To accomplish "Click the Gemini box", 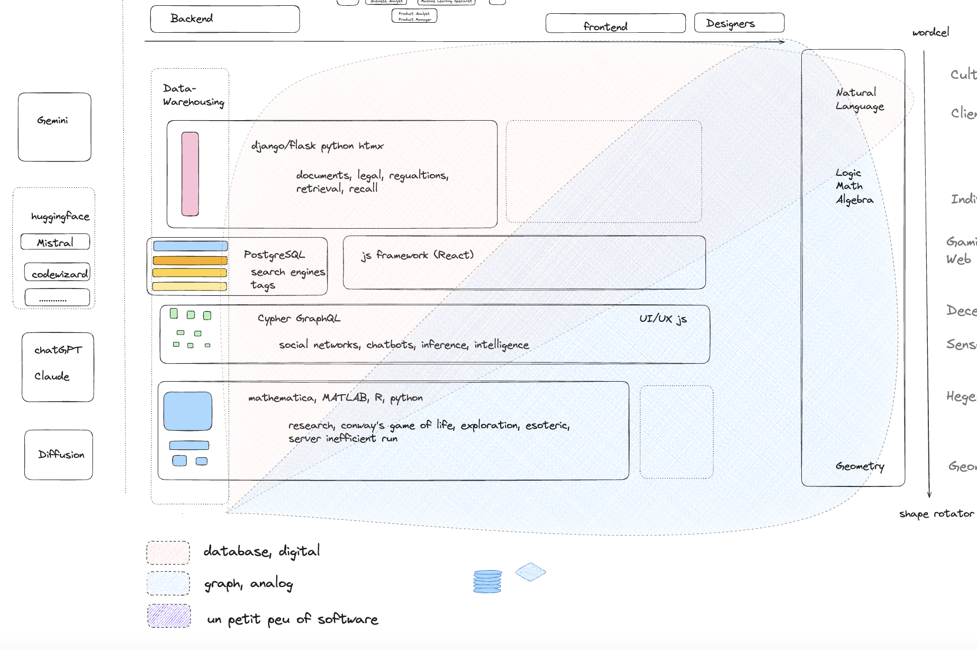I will tap(55, 127).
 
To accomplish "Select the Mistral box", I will tap(55, 242).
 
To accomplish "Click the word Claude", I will tap(52, 376).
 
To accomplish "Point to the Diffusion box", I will tap(59, 455).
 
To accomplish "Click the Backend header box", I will tap(225, 19).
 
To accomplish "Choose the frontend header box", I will tap(616, 24).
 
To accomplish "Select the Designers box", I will tap(739, 23).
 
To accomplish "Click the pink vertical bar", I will tap(190, 174).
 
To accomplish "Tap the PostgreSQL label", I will tap(274, 255).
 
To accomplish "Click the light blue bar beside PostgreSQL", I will tap(191, 246).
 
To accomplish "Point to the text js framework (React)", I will tap(417, 255).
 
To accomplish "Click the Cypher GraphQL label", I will tap(299, 318).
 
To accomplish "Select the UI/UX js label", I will tap(663, 318).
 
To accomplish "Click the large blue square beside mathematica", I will tap(188, 411).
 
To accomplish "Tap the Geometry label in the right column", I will tap(860, 466).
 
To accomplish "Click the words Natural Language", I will tap(860, 100).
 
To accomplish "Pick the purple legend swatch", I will tap(169, 616).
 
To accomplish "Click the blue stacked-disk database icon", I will tap(487, 581).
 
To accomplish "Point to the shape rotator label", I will tap(936, 513).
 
